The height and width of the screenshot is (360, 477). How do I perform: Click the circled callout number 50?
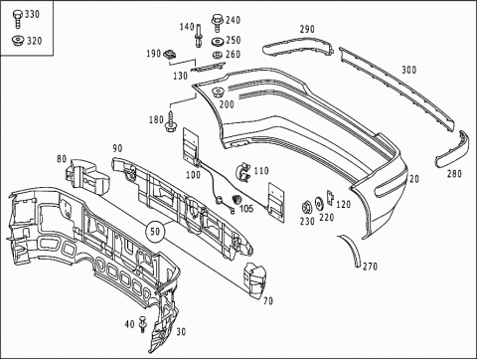(x=155, y=232)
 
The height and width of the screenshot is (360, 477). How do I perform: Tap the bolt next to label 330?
(x=17, y=18)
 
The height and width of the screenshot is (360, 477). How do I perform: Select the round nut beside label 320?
(x=18, y=41)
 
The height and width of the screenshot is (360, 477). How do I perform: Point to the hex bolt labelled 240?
(x=217, y=23)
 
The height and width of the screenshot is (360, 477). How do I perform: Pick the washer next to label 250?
(x=218, y=42)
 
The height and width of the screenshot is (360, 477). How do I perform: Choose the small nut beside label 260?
(x=218, y=55)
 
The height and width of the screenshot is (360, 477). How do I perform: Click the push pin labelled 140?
(x=199, y=36)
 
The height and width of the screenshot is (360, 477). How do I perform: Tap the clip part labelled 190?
(x=170, y=55)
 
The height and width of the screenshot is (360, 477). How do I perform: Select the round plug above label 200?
(x=218, y=91)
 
